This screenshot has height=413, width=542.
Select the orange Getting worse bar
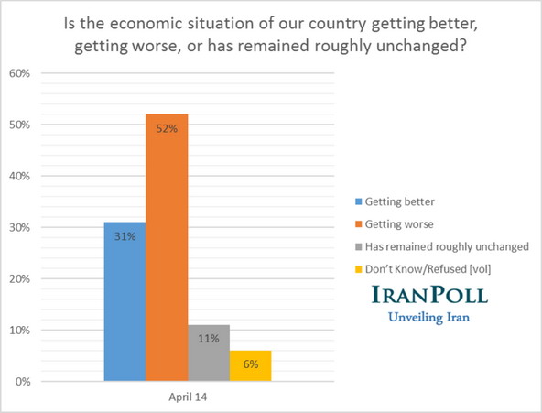[x=167, y=247]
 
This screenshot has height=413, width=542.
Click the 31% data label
[x=125, y=236]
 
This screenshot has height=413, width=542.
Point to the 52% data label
[x=167, y=129]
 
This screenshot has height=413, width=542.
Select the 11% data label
[x=209, y=339]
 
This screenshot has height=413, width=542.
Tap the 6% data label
[x=250, y=364]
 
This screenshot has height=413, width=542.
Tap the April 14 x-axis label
[x=188, y=397]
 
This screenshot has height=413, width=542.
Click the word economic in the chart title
[x=226, y=18]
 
